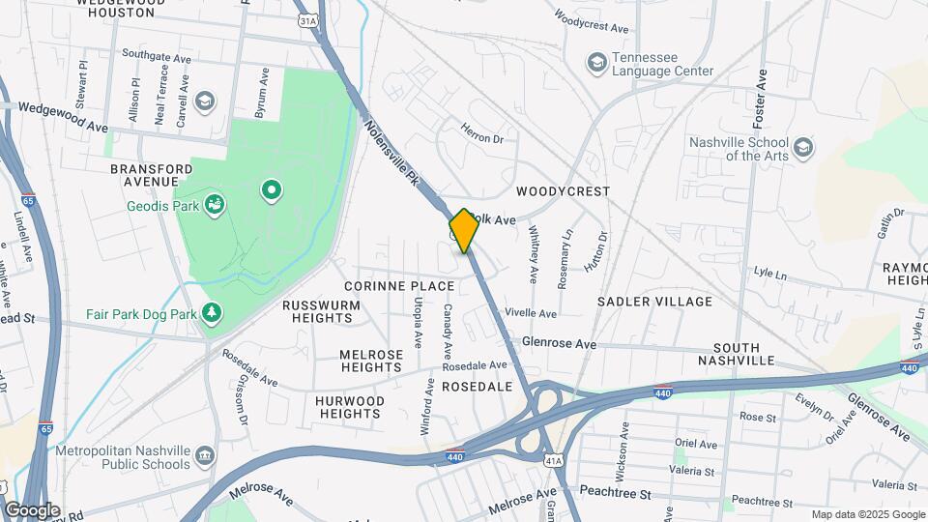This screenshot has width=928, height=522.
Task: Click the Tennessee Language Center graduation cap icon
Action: [x=596, y=63]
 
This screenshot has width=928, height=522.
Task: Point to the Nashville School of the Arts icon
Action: [x=803, y=149]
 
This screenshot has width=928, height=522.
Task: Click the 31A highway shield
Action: [x=307, y=19]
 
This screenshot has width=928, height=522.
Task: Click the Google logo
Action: [x=32, y=510]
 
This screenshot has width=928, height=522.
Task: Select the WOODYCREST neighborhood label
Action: [x=564, y=191]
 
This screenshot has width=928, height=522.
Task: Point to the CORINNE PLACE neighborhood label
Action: [x=399, y=286]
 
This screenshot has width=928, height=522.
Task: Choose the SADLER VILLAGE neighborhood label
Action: [x=654, y=302]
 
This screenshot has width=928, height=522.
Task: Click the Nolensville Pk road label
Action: [x=392, y=152]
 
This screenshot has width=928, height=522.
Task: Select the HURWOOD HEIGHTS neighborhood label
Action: [x=349, y=407]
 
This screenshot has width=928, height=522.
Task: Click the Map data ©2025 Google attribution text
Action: [x=867, y=514]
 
